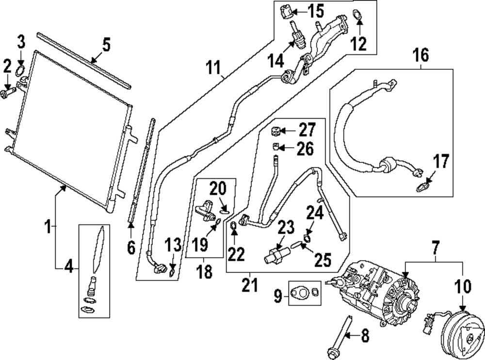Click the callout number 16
[x=421, y=55]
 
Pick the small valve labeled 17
[x=421, y=186]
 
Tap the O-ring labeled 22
[x=234, y=224]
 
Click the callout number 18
[x=205, y=272]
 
